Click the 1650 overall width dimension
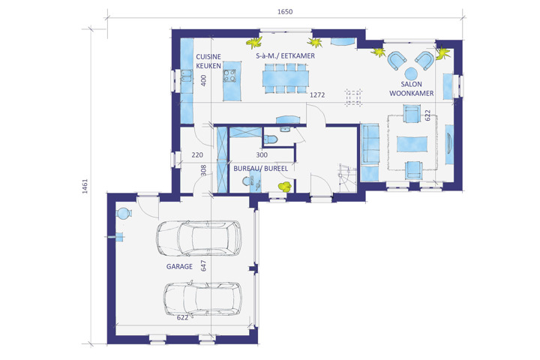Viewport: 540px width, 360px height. pyautogui.click(x=285, y=12)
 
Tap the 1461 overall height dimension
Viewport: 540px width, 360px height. pyautogui.click(x=85, y=186)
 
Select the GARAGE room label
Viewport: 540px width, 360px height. pyautogui.click(x=179, y=266)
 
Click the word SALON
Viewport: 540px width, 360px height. pyautogui.click(x=411, y=84)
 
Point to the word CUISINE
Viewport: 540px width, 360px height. pyautogui.click(x=208, y=57)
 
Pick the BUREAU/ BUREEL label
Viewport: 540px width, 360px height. pyautogui.click(x=261, y=169)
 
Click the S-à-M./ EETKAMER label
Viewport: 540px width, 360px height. pyautogui.click(x=286, y=55)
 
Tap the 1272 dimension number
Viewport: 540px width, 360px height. pyautogui.click(x=317, y=94)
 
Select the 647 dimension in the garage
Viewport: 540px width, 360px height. pyautogui.click(x=203, y=265)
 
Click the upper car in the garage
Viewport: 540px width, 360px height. pyautogui.click(x=199, y=238)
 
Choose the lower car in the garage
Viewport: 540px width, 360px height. pyautogui.click(x=202, y=299)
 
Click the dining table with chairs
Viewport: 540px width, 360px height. pyautogui.click(x=286, y=78)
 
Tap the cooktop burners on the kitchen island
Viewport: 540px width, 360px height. pyautogui.click(x=229, y=76)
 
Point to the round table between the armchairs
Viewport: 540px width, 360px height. pyautogui.click(x=411, y=73)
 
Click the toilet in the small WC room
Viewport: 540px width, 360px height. pyautogui.click(x=271, y=139)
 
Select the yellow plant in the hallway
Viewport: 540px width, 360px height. pyautogui.click(x=285, y=186)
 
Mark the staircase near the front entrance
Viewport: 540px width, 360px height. pyautogui.click(x=347, y=178)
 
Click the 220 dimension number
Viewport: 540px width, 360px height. pyautogui.click(x=197, y=155)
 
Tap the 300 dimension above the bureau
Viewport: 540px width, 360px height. pyautogui.click(x=262, y=155)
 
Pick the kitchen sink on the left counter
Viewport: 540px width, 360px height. pyautogui.click(x=187, y=76)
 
